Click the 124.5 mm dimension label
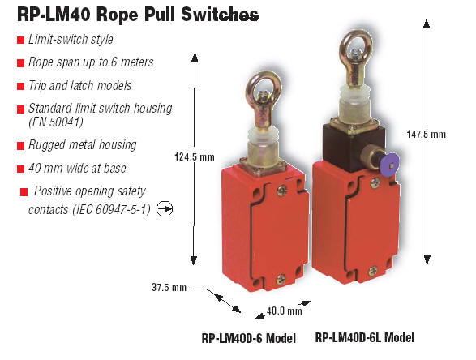pyautogui.click(x=195, y=157)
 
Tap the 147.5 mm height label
pyautogui.click(x=427, y=134)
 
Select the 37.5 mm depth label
pyautogui.click(x=169, y=287)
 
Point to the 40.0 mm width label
pyautogui.click(x=284, y=311)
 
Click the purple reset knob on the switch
pyautogui.click(x=390, y=164)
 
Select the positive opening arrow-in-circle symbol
pyautogui.click(x=165, y=209)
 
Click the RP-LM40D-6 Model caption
pyautogui.click(x=249, y=338)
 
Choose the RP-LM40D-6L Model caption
pyautogui.click(x=365, y=337)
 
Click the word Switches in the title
pyautogui.click(x=220, y=14)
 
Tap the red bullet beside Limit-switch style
pyautogui.click(x=20, y=40)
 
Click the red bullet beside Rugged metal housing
pyautogui.click(x=20, y=146)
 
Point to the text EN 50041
pyautogui.click(x=56, y=122)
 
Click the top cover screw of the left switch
pyautogui.click(x=281, y=191)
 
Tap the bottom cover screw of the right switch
pyautogui.click(x=373, y=270)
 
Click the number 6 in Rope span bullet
pyautogui.click(x=114, y=62)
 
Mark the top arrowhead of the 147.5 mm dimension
pyautogui.click(x=427, y=24)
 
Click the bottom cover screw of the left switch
pyautogui.click(x=281, y=279)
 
